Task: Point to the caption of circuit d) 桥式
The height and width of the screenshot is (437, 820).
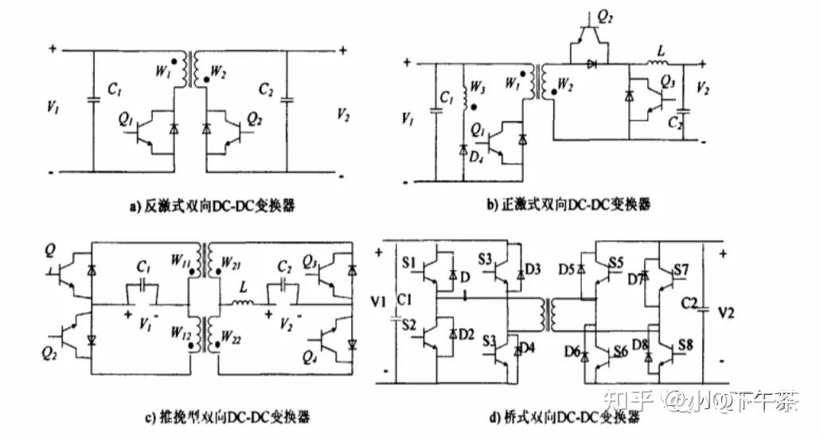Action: coord(566,416)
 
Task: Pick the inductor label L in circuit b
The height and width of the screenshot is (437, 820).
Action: coord(658,49)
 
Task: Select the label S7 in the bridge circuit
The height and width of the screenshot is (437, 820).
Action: coord(681,270)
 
